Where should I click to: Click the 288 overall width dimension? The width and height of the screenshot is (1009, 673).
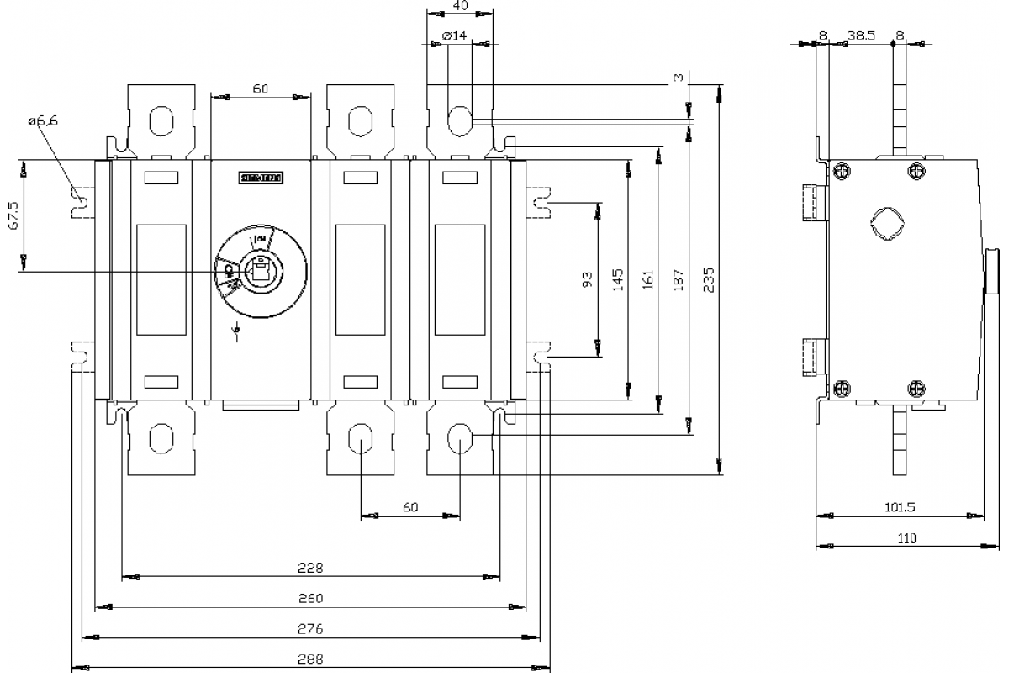pos(311,660)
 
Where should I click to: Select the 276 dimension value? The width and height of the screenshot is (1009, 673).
pos(311,629)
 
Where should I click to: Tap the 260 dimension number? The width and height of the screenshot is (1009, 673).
pos(311,599)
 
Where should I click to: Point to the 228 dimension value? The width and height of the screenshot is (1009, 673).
pos(311,569)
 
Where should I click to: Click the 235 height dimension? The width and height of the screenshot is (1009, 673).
pos(708,278)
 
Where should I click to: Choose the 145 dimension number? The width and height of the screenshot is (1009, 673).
pos(618,278)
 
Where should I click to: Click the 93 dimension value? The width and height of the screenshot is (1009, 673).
pos(588,278)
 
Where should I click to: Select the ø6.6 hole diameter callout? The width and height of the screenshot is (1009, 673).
pos(43,121)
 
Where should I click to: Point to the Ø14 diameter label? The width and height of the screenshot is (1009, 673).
pos(454,36)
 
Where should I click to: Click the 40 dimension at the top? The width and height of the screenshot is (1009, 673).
pos(461,6)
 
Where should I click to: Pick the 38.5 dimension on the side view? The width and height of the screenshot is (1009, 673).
pos(862,36)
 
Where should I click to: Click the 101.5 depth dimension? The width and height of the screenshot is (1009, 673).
pos(900,507)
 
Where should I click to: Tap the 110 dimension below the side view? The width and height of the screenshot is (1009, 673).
pos(906,538)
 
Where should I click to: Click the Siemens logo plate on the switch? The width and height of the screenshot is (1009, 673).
pos(261,178)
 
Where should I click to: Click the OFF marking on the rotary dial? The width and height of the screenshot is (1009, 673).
pos(228,274)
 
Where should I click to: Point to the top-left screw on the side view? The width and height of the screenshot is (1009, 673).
pos(842,172)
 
